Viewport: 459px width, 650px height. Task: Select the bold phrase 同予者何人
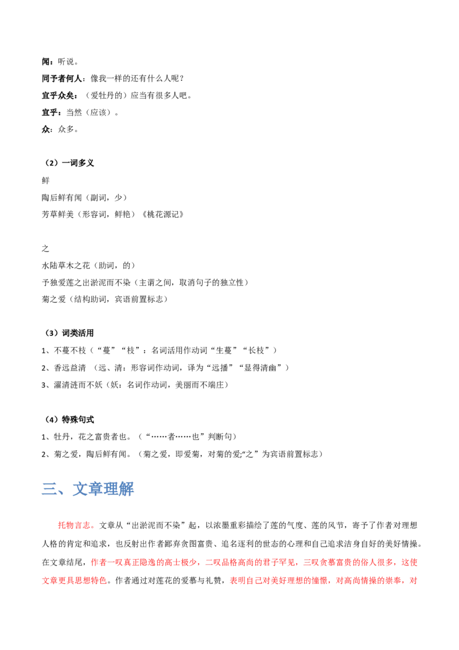click(62, 78)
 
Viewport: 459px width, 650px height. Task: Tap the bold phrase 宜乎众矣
click(58, 95)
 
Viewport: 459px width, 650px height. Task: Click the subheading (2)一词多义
click(69, 163)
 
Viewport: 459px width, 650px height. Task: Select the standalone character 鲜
click(45, 180)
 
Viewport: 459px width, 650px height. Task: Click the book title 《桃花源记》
click(163, 214)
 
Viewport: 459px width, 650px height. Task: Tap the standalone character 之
click(45, 249)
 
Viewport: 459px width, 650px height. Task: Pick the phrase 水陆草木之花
click(66, 265)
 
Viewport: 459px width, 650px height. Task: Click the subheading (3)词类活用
click(69, 333)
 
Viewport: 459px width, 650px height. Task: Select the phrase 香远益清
click(70, 367)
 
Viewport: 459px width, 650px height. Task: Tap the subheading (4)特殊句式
click(69, 420)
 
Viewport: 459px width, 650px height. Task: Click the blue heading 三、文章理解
click(88, 489)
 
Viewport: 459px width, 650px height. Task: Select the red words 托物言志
click(74, 525)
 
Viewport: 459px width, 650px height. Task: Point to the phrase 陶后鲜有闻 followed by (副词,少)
click(62, 198)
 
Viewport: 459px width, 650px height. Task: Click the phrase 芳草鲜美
click(58, 214)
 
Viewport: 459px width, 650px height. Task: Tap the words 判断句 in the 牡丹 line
click(220, 437)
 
